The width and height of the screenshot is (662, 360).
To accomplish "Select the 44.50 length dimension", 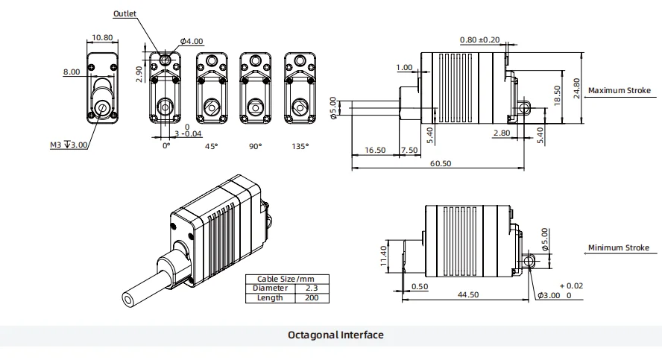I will click(x=468, y=295).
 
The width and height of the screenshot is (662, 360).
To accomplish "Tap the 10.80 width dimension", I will click(x=102, y=37).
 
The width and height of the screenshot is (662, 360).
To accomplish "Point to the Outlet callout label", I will click(x=125, y=13).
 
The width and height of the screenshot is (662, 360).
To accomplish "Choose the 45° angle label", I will click(x=212, y=146).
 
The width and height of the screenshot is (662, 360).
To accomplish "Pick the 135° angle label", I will click(x=300, y=146).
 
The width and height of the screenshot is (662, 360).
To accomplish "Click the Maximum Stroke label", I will click(x=619, y=91).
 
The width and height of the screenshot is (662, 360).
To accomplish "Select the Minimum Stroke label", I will click(x=619, y=248).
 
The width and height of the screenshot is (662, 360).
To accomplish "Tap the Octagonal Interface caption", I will click(x=335, y=335).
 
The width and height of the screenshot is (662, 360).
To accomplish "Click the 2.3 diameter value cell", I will click(x=310, y=288).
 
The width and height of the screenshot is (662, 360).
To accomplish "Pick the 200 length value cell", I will click(x=310, y=297).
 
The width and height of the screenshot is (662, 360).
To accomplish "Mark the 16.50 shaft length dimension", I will click(x=375, y=150).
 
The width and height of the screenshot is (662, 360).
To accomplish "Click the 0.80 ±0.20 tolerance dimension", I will click(x=479, y=40).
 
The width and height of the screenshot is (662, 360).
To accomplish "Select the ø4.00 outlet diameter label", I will click(x=192, y=42).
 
